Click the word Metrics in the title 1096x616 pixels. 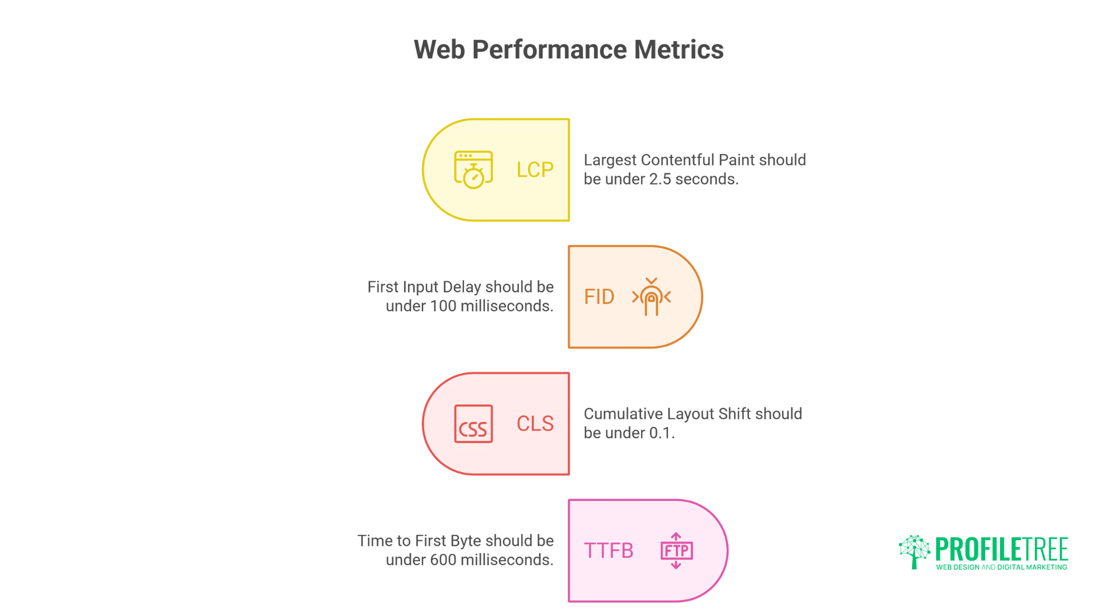679,50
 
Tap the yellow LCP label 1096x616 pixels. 535,170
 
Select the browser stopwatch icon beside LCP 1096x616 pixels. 473,169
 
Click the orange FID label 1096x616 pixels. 599,297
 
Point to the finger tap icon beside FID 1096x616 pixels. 651,297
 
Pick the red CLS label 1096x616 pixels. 535,424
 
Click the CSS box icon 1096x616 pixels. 473,424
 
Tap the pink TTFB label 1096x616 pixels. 609,551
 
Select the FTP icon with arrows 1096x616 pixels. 676,550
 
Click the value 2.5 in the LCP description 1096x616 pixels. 660,179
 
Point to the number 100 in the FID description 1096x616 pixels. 443,306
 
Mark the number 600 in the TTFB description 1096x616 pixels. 443,560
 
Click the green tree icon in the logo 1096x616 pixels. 914,551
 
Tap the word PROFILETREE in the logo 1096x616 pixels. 1001,549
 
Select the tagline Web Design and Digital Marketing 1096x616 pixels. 1001,567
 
